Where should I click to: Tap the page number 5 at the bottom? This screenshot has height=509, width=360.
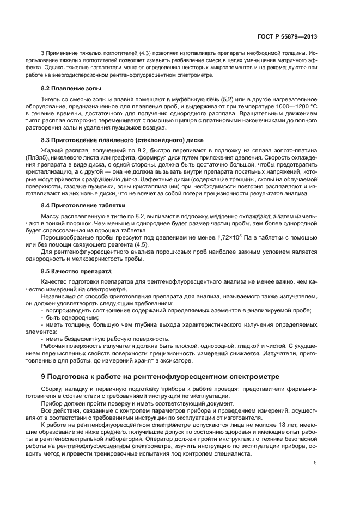tap(315, 463)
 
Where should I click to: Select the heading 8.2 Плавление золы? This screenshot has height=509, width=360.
tap(71, 88)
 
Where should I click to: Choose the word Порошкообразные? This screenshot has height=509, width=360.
tap(68, 238)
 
